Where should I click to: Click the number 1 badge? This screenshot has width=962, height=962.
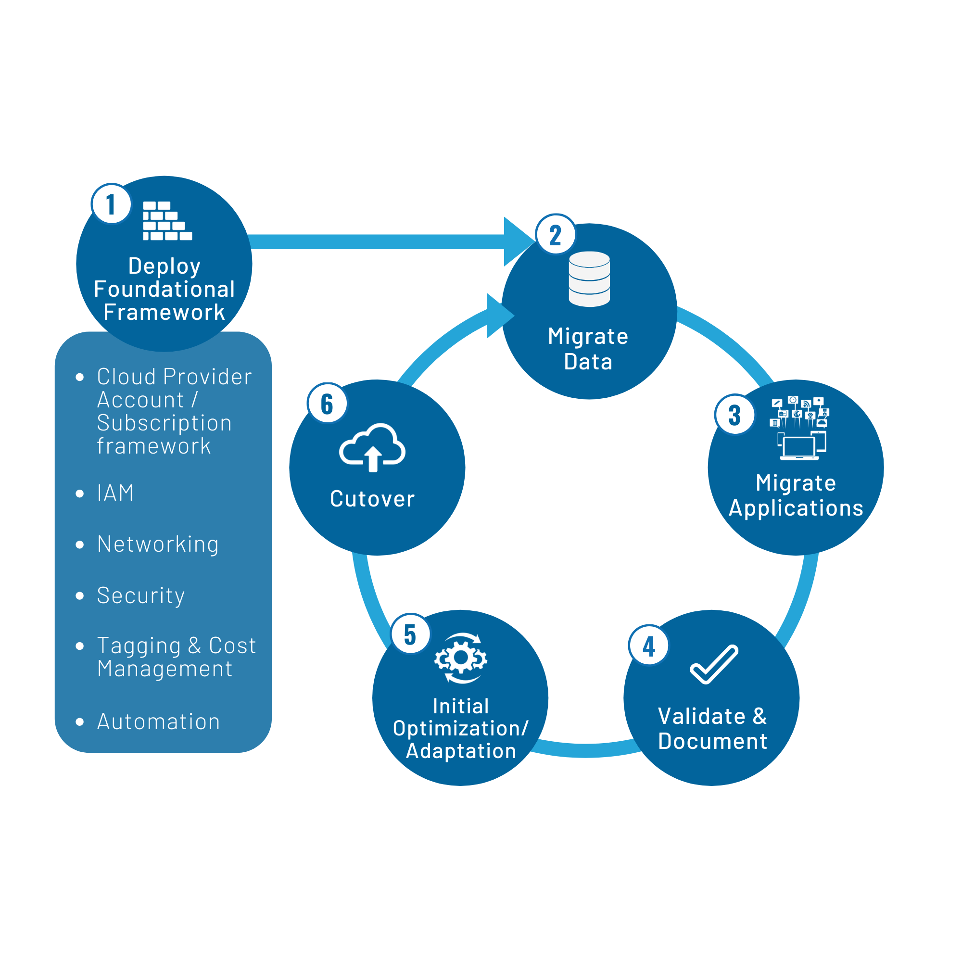pos(111,204)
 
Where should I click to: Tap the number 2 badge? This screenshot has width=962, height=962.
pos(555,235)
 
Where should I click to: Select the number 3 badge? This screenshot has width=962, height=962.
pos(734,414)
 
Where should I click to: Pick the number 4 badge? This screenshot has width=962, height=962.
pos(649,646)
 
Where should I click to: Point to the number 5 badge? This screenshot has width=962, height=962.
pos(410,633)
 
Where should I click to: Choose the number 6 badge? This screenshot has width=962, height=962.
pos(327,403)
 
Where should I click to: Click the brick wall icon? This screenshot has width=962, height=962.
pos(167,221)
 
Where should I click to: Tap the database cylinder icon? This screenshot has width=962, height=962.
pos(589,279)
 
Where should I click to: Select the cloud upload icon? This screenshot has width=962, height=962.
pos(372,447)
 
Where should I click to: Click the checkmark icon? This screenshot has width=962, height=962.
pos(713,664)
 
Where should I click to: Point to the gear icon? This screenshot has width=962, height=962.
pos(461,658)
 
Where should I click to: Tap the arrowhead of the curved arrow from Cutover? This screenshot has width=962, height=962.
pos(499,316)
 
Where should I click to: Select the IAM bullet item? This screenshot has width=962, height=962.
pos(115,493)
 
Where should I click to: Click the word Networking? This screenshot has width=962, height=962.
pos(158,544)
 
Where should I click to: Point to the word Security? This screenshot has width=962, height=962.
pos(140,595)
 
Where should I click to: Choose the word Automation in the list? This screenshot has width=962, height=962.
pos(158,721)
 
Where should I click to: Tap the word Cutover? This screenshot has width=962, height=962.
pos(372,499)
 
